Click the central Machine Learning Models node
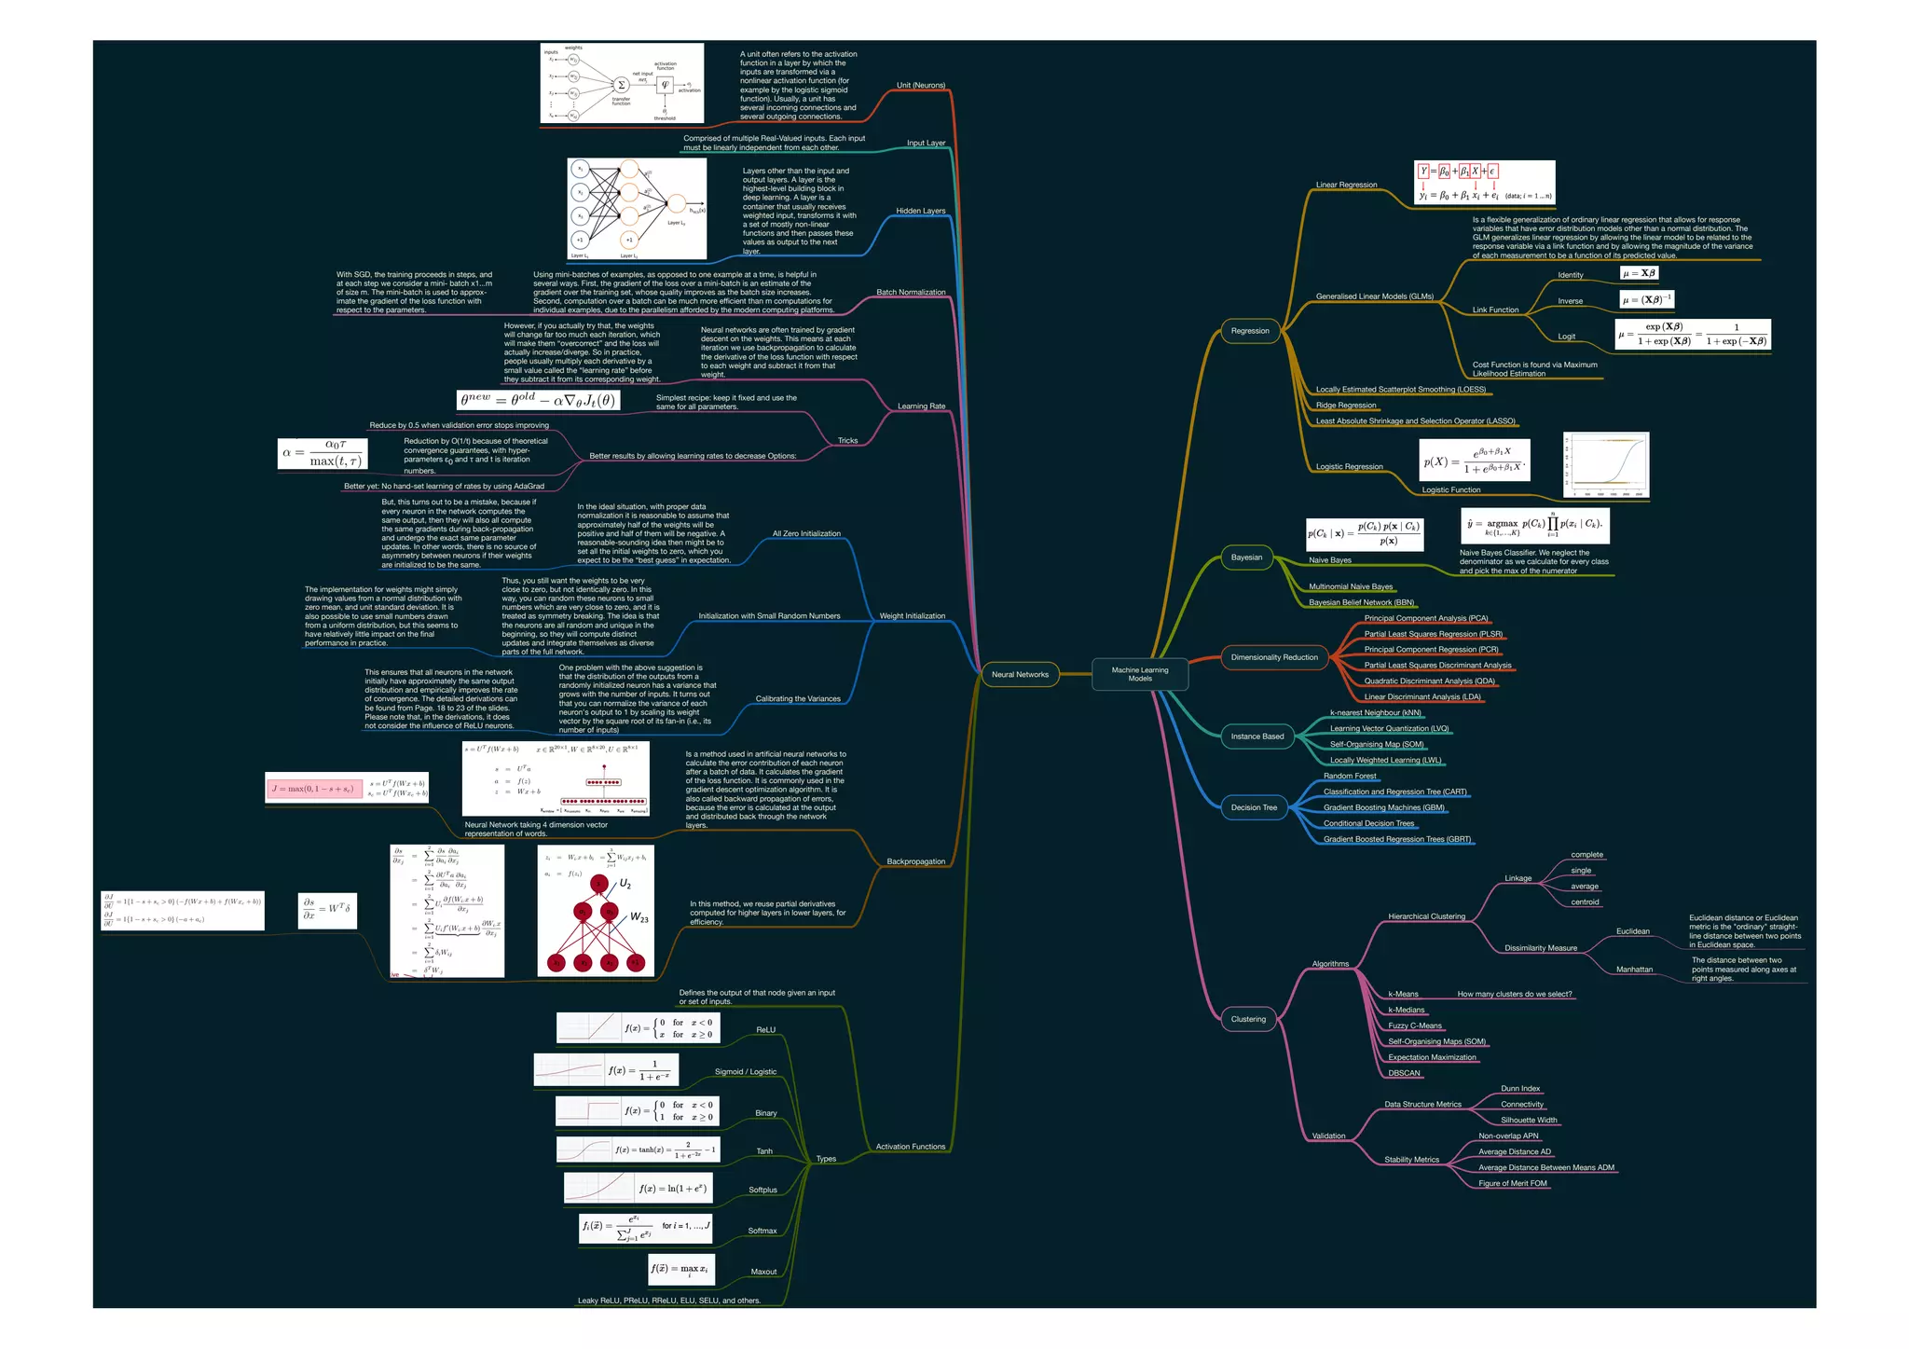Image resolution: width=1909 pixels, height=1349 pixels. [x=1139, y=674]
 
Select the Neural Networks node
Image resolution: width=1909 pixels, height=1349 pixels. [x=1020, y=674]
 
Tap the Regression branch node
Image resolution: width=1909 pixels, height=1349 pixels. [x=1249, y=331]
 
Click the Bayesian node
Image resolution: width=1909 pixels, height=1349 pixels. [x=1246, y=557]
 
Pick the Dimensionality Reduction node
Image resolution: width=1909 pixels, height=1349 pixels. [x=1273, y=657]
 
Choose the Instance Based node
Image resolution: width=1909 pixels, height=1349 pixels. [x=1257, y=736]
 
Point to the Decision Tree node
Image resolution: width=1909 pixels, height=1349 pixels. [x=1254, y=807]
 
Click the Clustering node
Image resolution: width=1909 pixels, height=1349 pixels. [x=1248, y=1019]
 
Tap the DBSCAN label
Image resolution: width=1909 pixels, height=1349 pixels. [x=1404, y=1073]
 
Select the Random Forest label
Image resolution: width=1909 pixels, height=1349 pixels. [x=1350, y=776]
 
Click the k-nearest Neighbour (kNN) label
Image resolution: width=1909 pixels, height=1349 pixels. [x=1375, y=713]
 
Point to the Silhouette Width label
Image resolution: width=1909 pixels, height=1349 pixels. [x=1529, y=1121]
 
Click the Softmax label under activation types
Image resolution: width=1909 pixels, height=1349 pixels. [x=762, y=1231]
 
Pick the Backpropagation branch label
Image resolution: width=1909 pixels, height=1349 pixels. [x=915, y=861]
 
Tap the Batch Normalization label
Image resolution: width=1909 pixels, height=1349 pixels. [x=910, y=293]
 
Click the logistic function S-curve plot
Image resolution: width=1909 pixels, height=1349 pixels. [x=1606, y=465]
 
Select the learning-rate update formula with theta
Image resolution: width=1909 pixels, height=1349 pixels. [x=538, y=400]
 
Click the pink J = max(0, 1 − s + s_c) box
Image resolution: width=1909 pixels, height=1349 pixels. [x=314, y=789]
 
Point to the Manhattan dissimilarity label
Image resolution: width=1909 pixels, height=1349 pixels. [x=1634, y=970]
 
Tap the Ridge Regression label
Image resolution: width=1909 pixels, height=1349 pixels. [x=1345, y=406]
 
